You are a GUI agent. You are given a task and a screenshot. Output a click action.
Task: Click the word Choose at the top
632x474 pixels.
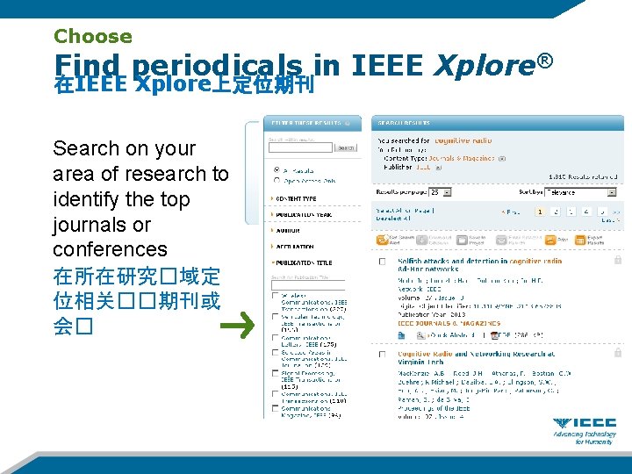[93, 37]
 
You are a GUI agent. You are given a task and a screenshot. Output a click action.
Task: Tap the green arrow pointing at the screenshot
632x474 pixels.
[236, 328]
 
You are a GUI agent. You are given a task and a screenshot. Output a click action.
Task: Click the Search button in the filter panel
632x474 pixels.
[347, 148]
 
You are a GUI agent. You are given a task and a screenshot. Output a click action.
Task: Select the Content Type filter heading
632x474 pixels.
[299, 199]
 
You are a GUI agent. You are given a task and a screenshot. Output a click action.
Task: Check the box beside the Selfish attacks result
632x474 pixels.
[382, 262]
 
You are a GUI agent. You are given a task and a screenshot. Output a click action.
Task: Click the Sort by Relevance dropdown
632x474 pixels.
[580, 191]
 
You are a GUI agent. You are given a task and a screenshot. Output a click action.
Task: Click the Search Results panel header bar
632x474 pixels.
[497, 123]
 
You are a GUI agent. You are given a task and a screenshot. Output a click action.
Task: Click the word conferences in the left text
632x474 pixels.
[110, 249]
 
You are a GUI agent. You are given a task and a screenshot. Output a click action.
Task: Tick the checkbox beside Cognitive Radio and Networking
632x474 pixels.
[382, 355]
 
